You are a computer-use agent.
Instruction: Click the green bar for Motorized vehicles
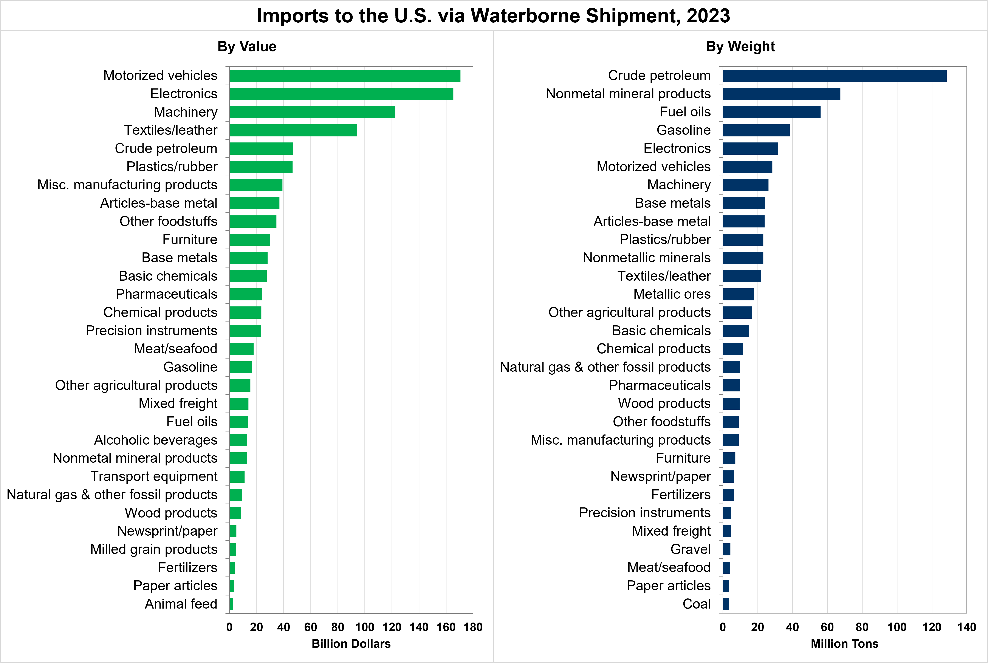point(345,76)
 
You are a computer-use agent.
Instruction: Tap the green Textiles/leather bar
point(293,130)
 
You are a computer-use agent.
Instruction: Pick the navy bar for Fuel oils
point(771,112)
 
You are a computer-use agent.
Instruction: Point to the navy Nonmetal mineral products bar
point(781,94)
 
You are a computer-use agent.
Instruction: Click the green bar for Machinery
point(312,112)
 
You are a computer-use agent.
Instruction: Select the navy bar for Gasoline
point(756,130)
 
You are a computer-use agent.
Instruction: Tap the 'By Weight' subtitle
point(740,46)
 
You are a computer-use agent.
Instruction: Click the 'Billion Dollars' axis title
point(351,644)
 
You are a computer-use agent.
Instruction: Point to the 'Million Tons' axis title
point(844,644)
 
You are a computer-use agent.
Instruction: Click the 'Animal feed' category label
point(181,604)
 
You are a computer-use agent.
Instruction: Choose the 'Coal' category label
point(697,604)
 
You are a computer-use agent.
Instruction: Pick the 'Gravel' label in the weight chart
point(690,549)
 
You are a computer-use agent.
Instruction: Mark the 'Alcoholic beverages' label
point(156,440)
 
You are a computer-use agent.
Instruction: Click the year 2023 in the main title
point(708,16)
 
